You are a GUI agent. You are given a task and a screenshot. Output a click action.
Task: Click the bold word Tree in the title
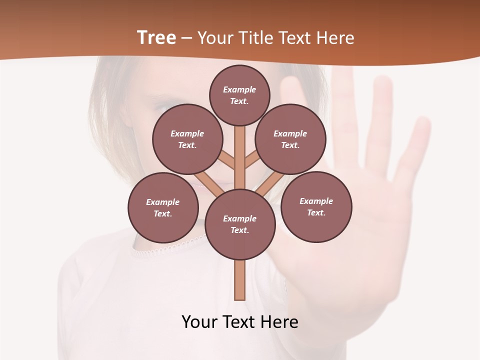[x=156, y=37]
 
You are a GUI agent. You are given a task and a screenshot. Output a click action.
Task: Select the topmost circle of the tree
[x=239, y=95]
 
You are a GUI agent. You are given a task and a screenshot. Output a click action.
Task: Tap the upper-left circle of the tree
[x=187, y=139]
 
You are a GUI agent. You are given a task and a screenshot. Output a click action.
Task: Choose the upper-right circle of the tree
[x=290, y=139]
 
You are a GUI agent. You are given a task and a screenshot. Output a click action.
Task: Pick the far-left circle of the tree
[x=163, y=207]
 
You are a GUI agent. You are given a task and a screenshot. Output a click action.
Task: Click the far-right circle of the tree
[x=316, y=206]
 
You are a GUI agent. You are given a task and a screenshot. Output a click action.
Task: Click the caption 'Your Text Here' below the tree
[x=240, y=322]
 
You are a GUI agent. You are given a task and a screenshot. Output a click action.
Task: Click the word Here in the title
[x=335, y=37]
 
